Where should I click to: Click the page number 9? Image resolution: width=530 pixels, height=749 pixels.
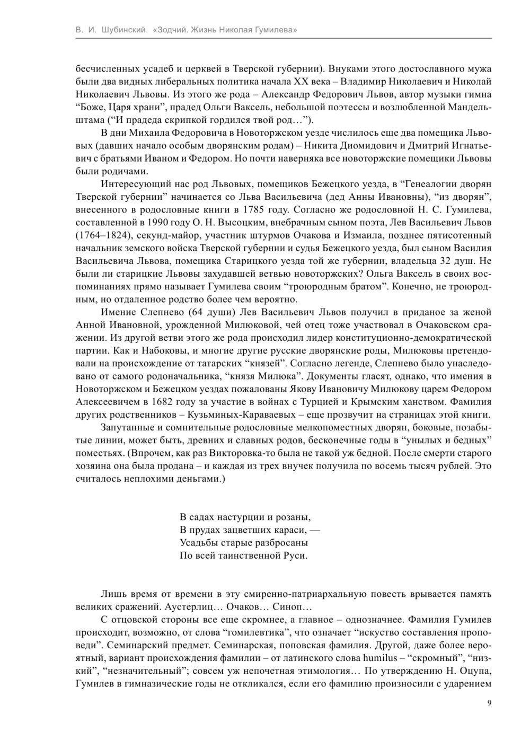489,703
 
